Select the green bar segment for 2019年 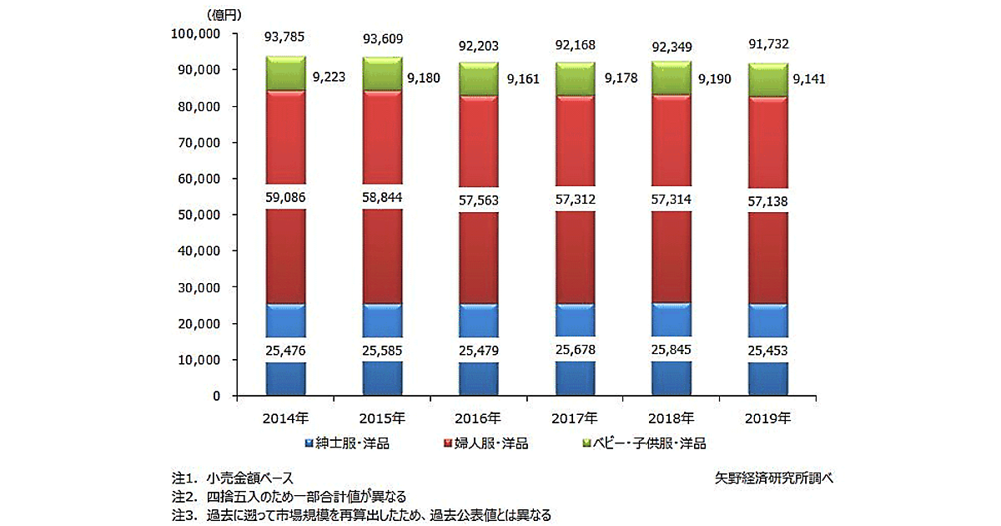767,80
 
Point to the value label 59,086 285,200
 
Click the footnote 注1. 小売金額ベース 233,478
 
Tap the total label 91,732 767,45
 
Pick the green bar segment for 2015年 382,74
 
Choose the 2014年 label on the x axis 285,417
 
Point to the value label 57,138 767,202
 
